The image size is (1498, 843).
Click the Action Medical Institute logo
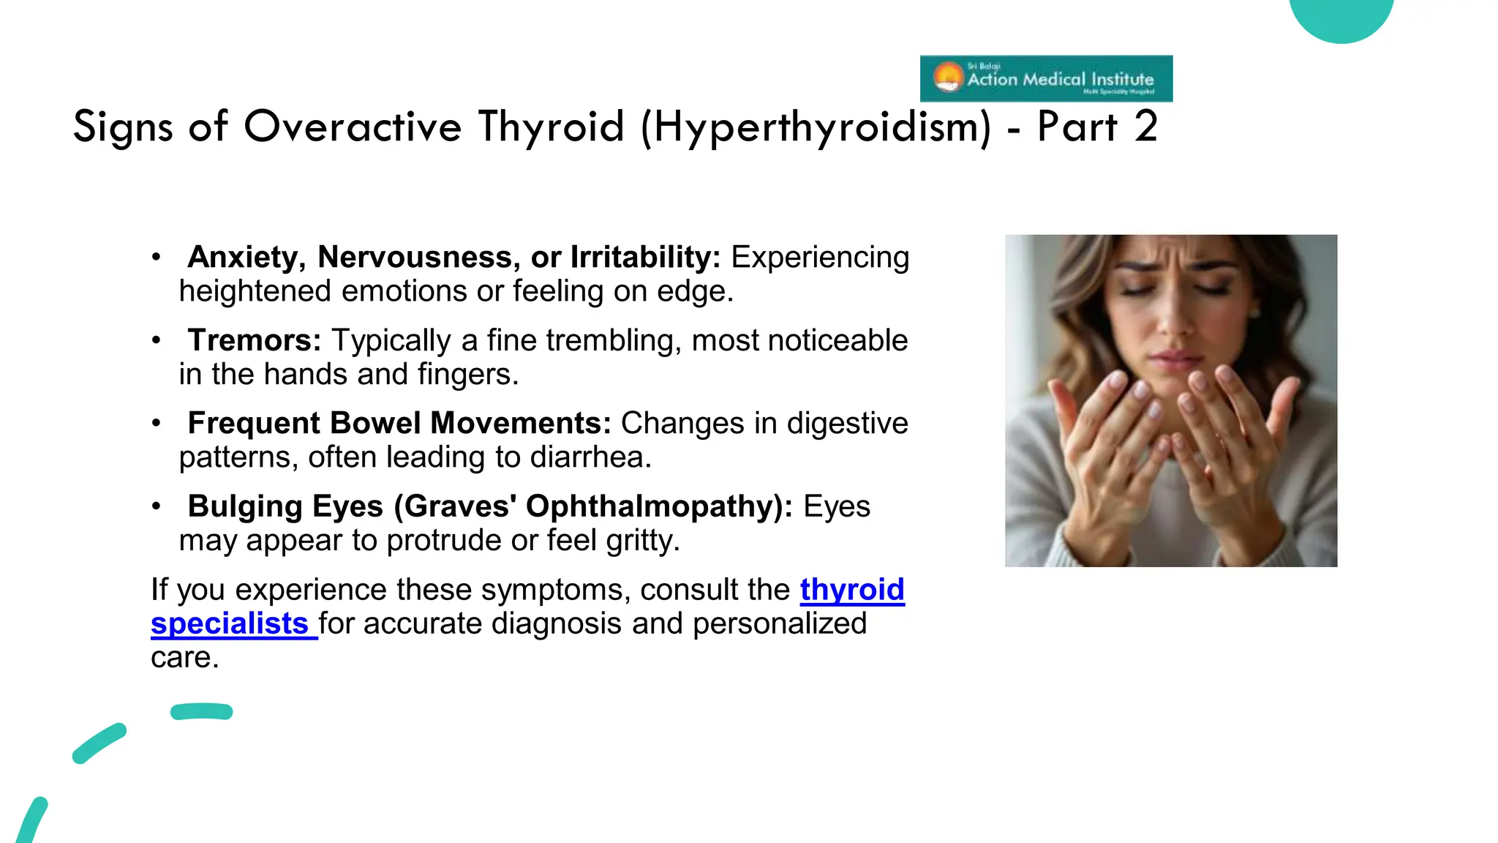click(x=1046, y=78)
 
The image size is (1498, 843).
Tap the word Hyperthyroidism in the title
click(x=817, y=127)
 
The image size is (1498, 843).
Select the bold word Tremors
click(x=254, y=340)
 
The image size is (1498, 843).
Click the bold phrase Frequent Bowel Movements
click(x=399, y=423)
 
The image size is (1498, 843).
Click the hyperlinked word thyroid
click(x=852, y=590)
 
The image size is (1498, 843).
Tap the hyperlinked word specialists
click(x=230, y=623)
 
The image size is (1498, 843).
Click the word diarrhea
click(x=590, y=457)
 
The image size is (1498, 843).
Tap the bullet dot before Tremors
click(x=156, y=340)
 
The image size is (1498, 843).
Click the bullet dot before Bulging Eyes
click(x=156, y=506)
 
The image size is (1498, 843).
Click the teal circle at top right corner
click(x=1341, y=15)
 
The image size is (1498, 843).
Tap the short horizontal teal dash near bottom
click(x=202, y=711)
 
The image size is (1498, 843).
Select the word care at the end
click(x=184, y=657)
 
